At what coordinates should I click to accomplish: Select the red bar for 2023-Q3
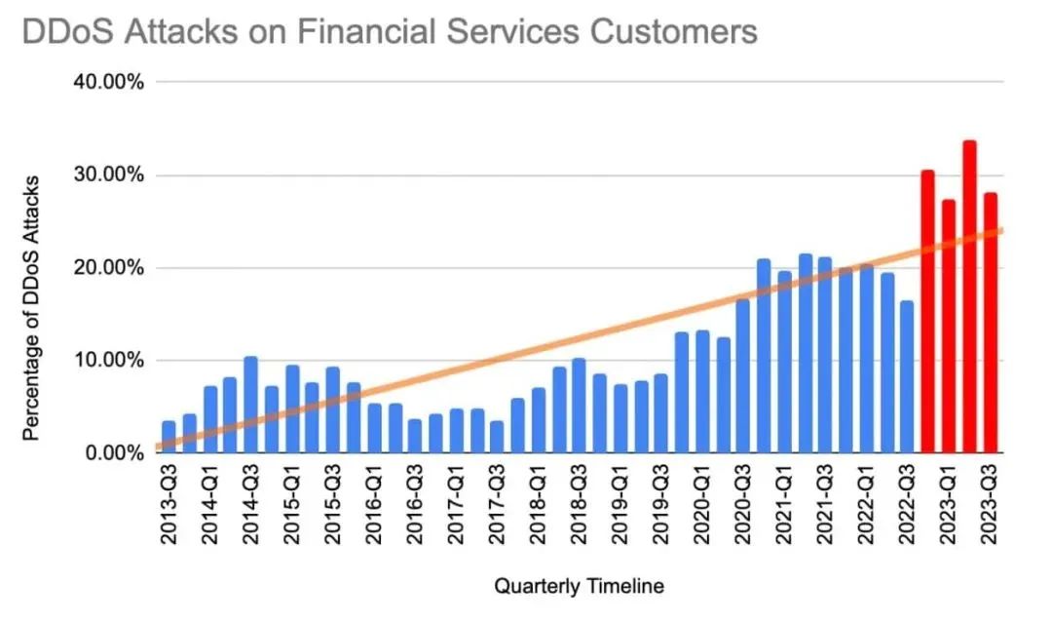tap(990, 323)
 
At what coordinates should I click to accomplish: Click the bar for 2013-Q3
tap(169, 437)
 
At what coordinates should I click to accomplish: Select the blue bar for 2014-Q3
tap(250, 405)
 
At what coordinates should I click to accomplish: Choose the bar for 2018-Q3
tap(579, 406)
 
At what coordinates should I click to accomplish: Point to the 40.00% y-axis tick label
tap(109, 82)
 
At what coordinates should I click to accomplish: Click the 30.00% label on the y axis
tap(109, 175)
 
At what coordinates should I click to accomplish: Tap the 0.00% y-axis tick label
tap(114, 453)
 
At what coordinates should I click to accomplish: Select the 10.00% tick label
tap(109, 361)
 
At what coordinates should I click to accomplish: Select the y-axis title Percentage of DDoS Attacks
tap(32, 308)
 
